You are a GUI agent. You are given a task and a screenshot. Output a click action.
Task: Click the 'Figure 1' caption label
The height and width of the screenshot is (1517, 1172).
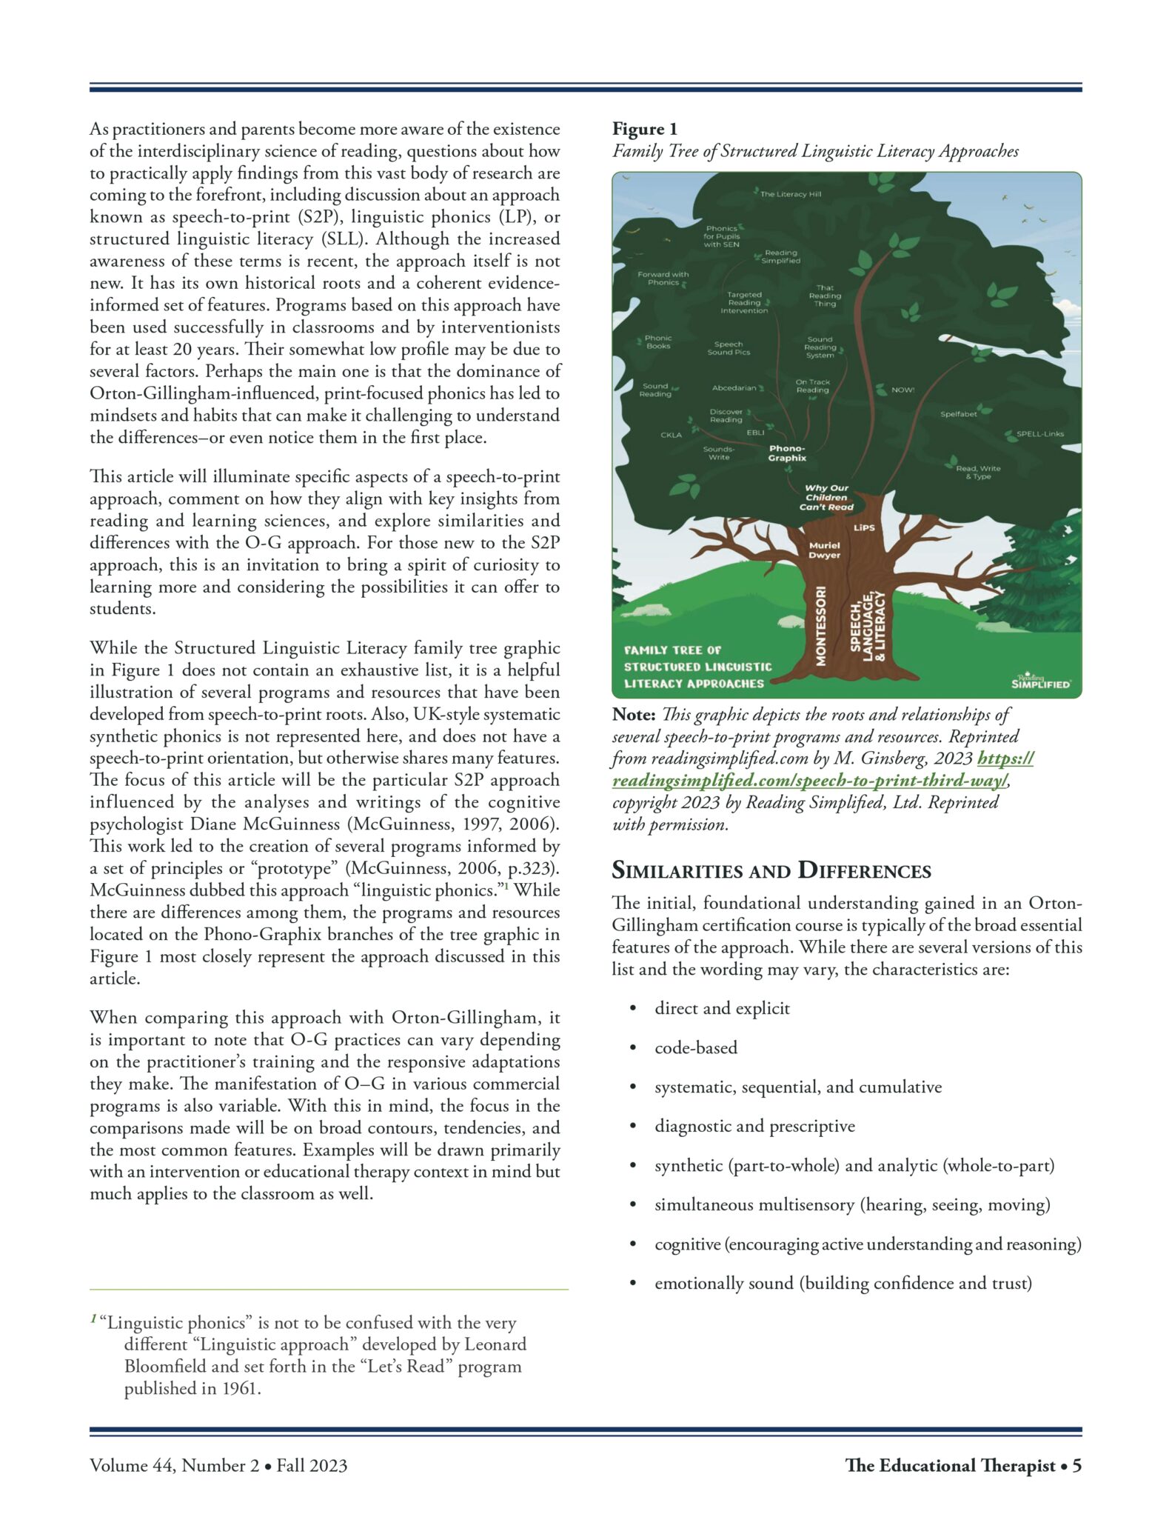point(644,130)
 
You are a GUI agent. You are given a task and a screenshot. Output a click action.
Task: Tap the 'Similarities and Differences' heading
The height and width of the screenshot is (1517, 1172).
point(771,870)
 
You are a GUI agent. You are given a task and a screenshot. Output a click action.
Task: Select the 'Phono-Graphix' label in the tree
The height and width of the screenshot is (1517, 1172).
point(786,453)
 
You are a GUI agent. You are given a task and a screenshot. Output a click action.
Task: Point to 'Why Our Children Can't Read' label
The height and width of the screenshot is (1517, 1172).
point(826,498)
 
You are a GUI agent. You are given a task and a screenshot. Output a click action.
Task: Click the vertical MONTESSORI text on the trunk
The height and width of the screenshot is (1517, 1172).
point(820,626)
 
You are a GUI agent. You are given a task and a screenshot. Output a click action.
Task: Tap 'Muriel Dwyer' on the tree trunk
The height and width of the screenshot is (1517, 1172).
point(824,550)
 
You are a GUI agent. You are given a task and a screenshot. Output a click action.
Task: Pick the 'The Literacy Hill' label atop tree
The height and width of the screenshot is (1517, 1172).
point(790,194)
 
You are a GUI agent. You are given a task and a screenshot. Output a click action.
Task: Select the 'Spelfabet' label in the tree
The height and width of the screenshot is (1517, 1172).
point(958,414)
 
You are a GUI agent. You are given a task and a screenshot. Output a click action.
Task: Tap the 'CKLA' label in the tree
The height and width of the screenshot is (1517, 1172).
point(671,435)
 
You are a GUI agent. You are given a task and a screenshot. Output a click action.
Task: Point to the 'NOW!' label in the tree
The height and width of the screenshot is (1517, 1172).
point(903,390)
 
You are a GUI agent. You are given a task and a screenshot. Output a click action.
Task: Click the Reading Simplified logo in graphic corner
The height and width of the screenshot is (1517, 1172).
point(1040,681)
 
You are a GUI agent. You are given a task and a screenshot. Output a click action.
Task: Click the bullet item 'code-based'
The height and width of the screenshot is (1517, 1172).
point(696,1047)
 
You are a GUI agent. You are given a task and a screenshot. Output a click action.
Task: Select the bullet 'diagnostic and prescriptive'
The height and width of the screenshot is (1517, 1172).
point(754,1126)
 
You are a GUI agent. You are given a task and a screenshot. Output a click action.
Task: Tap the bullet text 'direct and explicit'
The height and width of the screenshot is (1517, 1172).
point(722,1008)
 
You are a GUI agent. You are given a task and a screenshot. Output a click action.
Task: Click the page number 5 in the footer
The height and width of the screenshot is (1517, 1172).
point(1076,1465)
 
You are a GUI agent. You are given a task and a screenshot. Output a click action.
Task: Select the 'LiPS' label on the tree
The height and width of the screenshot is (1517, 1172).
point(864,528)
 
